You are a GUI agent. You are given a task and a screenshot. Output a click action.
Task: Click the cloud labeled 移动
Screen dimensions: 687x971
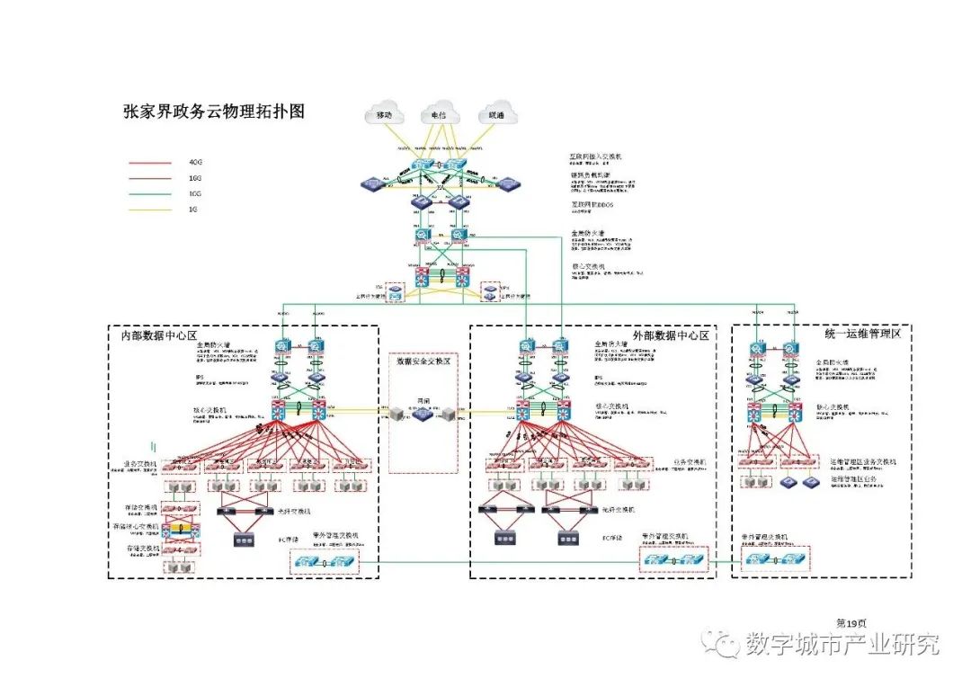coord(385,114)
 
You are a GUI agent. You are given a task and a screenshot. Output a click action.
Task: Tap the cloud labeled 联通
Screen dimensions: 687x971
coord(496,114)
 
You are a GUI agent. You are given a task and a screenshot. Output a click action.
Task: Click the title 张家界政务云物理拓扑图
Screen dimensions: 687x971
coord(214,112)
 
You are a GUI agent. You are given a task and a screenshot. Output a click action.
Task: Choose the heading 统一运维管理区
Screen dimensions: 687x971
coord(862,334)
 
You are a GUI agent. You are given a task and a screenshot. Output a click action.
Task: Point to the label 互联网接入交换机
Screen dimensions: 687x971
coord(595,156)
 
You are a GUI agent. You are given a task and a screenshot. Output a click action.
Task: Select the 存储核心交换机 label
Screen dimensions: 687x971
coord(136,526)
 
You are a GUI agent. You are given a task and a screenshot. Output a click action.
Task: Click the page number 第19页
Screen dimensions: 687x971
coord(851,622)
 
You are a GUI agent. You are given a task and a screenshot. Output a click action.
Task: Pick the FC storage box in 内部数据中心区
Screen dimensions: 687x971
coord(243,540)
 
